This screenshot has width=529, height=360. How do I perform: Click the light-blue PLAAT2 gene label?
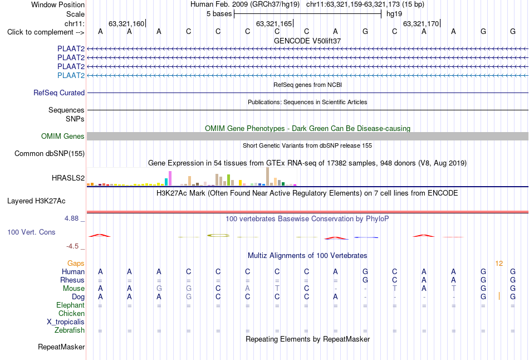click(x=71, y=75)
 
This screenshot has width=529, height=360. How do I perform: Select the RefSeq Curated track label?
click(x=59, y=93)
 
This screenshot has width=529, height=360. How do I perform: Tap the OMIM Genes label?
click(x=63, y=136)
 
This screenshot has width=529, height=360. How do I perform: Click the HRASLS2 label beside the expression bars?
click(x=68, y=178)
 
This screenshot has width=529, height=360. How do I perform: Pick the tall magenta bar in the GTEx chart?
click(x=170, y=178)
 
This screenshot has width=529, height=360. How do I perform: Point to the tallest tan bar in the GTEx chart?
click(x=267, y=176)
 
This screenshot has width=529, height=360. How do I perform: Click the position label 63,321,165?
click(x=273, y=23)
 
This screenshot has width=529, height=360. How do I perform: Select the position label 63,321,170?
click(x=421, y=23)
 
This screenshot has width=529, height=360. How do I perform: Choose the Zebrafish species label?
click(x=70, y=330)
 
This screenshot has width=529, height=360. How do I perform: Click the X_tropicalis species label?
click(x=66, y=322)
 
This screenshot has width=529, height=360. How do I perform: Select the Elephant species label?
click(x=71, y=305)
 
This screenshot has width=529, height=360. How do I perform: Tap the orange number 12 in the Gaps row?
click(x=499, y=264)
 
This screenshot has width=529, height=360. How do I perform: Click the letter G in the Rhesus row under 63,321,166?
click(x=365, y=280)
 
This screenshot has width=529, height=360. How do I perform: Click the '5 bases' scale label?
click(x=219, y=14)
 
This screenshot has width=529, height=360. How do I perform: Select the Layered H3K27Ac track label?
click(x=36, y=201)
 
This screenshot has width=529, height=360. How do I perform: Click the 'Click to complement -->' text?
click(x=46, y=32)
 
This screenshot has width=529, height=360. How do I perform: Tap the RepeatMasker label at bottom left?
click(x=61, y=347)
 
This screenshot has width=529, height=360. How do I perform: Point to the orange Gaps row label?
click(x=76, y=264)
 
